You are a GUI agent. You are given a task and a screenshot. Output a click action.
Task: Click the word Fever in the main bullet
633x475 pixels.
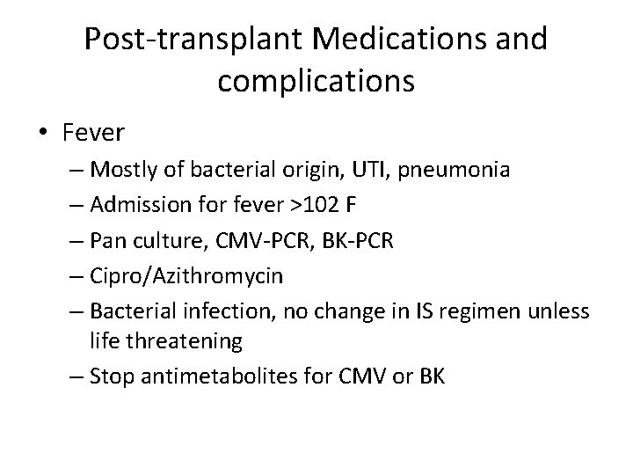click(x=94, y=133)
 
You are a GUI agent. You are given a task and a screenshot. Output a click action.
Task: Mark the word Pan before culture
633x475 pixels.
click(x=107, y=239)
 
